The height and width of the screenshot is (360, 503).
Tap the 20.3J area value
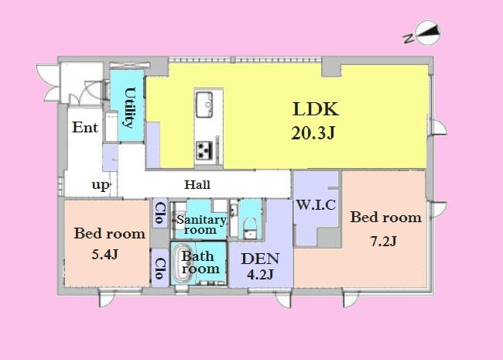tap(313, 132)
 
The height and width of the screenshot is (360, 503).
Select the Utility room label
tap(129, 107)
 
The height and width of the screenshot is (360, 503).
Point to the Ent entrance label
tap(85, 128)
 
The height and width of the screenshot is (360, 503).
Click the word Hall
tap(197, 185)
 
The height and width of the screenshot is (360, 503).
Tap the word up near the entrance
tap(101, 185)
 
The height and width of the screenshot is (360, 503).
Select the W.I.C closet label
tap(315, 205)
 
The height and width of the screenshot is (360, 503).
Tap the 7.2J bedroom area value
tap(384, 241)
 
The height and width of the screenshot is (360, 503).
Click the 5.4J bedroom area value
tap(108, 253)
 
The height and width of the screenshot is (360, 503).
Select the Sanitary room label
tap(201, 225)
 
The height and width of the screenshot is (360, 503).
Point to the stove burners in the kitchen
tap(206, 149)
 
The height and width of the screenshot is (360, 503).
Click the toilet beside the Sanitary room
tap(249, 225)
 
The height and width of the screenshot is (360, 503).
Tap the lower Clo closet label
tap(159, 268)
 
